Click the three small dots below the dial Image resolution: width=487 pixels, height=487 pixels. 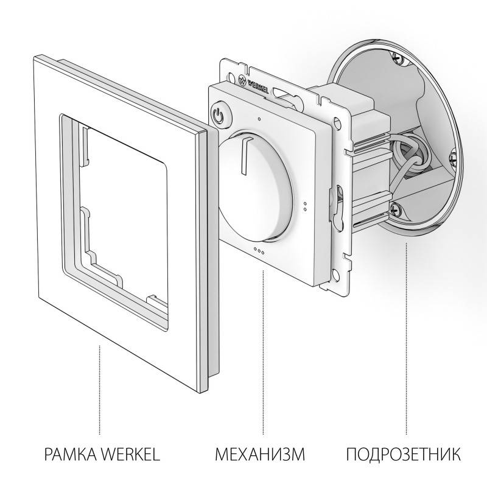click(258, 250)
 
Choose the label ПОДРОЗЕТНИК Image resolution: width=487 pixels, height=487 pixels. click(404, 454)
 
